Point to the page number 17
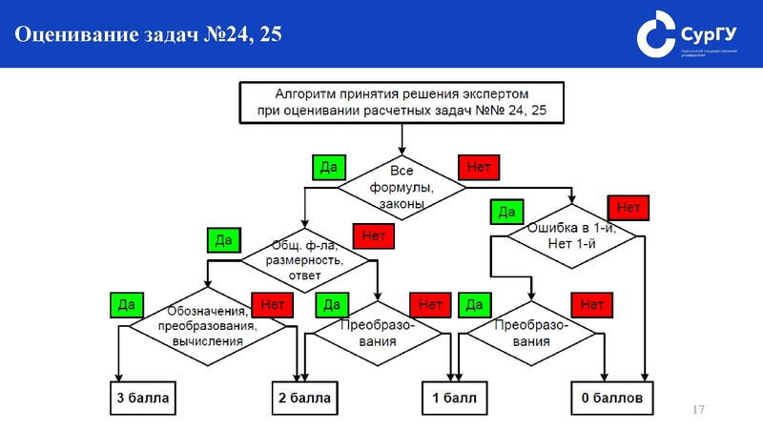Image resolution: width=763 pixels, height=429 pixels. tap(697, 410)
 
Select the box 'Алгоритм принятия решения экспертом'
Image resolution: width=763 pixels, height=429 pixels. tap(402, 103)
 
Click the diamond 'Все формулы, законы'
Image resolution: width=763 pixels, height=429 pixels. tap(402, 187)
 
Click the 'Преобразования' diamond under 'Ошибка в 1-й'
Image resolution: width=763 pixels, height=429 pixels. tap(531, 332)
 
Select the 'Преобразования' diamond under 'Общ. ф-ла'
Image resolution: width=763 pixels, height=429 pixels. tap(377, 332)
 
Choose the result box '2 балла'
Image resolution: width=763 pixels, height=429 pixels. tap(304, 398)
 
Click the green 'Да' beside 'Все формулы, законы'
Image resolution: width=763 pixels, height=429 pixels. tap(328, 167)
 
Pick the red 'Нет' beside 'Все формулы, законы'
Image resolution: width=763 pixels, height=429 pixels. tap(479, 167)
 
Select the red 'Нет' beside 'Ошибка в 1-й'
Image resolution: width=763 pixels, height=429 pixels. tap(628, 207)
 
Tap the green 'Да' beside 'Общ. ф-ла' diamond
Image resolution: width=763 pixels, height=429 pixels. tap(225, 239)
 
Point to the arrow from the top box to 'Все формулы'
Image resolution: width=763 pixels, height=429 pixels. tap(402, 138)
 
